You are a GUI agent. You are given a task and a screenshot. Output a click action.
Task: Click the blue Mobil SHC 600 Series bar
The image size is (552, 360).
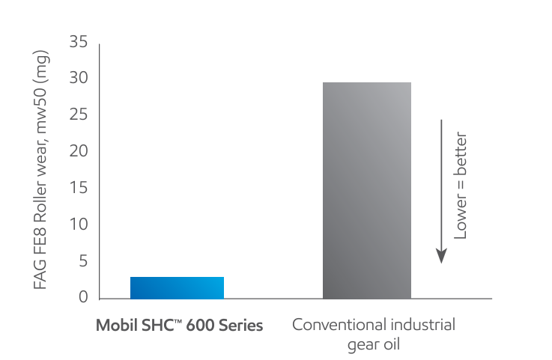click(177, 287)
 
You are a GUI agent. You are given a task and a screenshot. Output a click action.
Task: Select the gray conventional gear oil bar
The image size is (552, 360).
click(366, 190)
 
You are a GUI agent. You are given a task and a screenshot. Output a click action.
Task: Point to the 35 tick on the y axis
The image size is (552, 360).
click(79, 43)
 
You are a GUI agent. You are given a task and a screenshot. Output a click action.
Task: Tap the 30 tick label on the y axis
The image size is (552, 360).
click(79, 79)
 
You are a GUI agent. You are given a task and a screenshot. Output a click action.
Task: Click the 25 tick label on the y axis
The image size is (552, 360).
click(79, 115)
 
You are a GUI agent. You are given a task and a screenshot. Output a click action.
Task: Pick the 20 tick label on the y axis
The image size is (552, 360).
click(79, 152)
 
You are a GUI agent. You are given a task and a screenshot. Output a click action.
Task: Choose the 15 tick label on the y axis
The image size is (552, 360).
click(79, 188)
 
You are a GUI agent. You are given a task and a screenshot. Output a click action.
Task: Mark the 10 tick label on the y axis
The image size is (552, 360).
click(79, 225)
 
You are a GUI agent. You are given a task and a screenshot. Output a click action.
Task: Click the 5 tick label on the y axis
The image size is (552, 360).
click(84, 261)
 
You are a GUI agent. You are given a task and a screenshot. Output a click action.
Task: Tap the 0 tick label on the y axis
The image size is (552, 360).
click(84, 298)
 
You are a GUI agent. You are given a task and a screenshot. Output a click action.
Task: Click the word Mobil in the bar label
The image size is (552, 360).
click(113, 326)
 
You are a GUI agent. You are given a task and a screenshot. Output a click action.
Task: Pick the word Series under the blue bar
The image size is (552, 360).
click(241, 326)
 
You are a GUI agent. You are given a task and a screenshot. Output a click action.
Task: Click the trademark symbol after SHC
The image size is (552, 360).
click(178, 323)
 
